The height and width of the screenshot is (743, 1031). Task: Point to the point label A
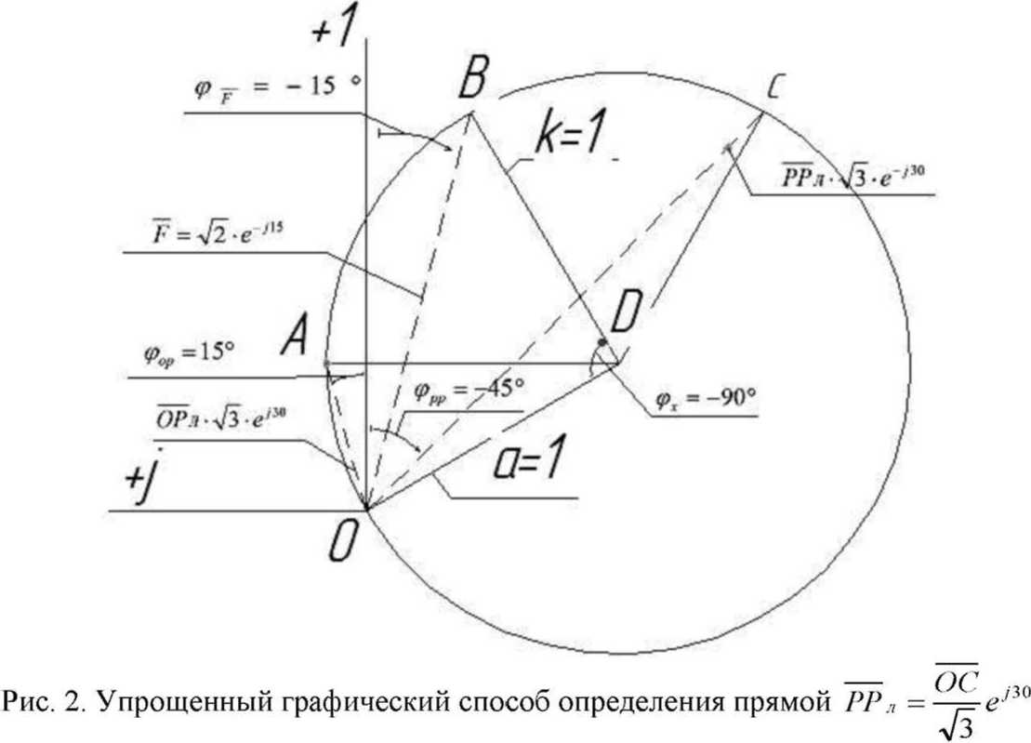[296, 345]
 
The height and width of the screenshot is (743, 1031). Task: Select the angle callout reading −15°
[274, 86]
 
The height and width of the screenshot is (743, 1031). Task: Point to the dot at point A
[327, 363]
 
